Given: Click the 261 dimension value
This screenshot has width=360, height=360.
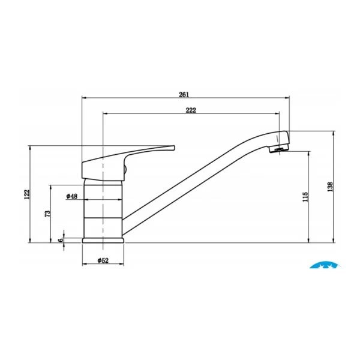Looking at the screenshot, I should [184, 94].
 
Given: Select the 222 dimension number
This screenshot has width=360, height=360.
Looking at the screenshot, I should [191, 110].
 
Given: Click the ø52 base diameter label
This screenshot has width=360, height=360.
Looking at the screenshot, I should [103, 260].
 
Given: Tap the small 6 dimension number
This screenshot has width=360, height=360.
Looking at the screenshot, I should [60, 240].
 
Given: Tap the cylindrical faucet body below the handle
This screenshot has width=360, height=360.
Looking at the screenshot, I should [103, 210].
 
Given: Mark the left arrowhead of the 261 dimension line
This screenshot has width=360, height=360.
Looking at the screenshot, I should [83, 97].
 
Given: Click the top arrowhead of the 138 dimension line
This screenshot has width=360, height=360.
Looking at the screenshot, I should [334, 132].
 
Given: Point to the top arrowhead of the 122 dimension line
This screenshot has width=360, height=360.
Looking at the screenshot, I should [31, 147].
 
